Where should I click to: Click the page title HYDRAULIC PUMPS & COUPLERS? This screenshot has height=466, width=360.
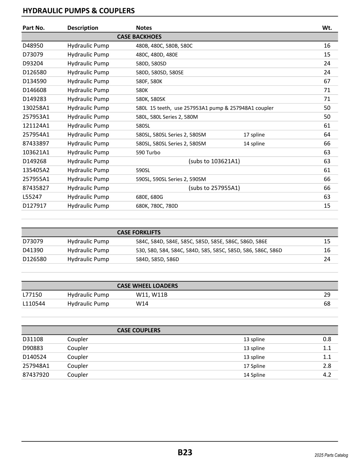[x=79, y=11]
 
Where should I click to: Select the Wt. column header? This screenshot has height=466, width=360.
[x=327, y=28]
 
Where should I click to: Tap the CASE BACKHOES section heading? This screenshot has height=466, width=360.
[x=139, y=37]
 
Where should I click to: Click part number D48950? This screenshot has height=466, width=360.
[x=33, y=46]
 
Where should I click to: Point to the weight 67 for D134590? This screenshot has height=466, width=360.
[x=327, y=81]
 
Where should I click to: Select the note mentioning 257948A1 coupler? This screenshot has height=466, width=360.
[x=204, y=108]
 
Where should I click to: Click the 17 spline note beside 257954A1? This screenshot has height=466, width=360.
[x=254, y=135]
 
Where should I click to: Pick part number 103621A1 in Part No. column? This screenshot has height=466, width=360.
[x=36, y=152]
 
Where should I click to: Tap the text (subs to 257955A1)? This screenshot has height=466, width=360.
[x=214, y=188]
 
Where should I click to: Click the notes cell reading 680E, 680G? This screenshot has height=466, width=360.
[x=149, y=197]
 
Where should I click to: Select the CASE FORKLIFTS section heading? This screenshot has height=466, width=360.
[x=139, y=232]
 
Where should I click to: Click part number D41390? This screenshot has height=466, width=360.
[x=33, y=250]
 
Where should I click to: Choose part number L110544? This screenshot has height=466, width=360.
[x=34, y=304]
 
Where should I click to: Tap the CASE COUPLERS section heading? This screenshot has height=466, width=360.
[x=139, y=330]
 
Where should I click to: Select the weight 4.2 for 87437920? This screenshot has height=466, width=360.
[x=327, y=375]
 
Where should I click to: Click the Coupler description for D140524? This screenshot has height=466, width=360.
[x=78, y=357]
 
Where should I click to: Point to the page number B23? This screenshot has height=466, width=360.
[x=185, y=452]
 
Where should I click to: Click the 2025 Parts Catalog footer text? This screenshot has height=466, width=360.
[x=331, y=455]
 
